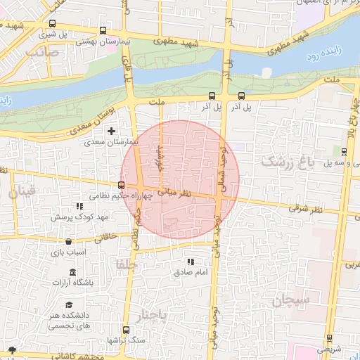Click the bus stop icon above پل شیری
point(53,22)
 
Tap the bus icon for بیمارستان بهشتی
point(104,31)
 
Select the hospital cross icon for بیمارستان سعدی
point(111,131)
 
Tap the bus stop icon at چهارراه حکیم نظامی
point(122,185)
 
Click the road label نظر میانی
point(172,191)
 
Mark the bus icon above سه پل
point(343,152)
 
